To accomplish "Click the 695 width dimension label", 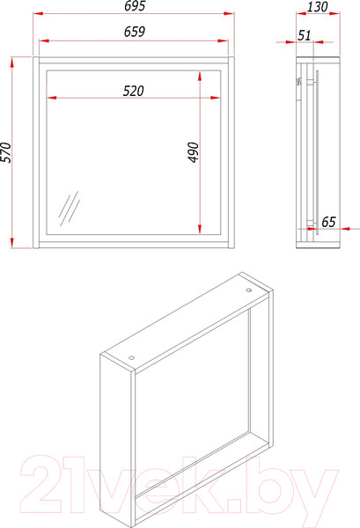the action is (135, 6).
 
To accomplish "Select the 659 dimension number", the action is (135, 32).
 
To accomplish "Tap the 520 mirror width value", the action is (134, 91).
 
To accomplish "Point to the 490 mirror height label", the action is (194, 152).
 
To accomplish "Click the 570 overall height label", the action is (6, 152).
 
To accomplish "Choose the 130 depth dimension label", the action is (317, 6).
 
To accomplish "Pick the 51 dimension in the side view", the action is (304, 35).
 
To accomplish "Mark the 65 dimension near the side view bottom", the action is (328, 222).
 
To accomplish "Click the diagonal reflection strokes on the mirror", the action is (70, 209).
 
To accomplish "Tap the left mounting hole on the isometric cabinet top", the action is (131, 357).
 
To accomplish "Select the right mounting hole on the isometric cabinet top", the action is (249, 290).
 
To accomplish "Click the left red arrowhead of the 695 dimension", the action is (38, 13).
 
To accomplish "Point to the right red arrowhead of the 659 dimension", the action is (223, 40).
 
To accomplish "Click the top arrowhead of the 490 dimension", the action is (200, 76).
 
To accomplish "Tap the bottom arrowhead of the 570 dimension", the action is (12, 243).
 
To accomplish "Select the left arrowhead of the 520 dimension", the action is (52, 98).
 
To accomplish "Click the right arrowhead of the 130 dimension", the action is (334, 13).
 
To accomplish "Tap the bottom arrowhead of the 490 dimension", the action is (200, 229).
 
